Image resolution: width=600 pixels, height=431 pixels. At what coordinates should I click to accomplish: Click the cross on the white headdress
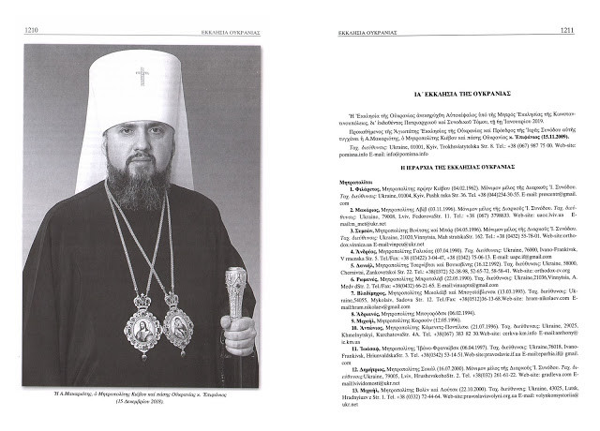tap(142, 74)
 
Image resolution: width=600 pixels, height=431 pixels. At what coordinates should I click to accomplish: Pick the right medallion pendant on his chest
tap(177, 329)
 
